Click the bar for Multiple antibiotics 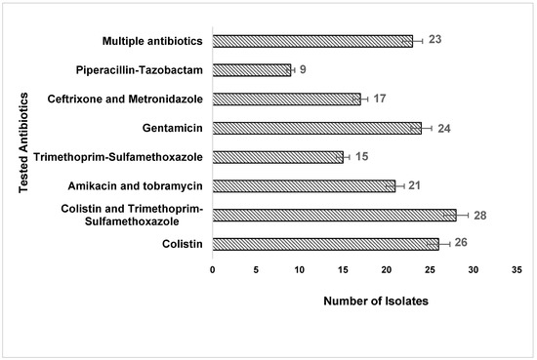point(312,41)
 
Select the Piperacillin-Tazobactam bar point(252,70)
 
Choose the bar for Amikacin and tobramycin point(304,185)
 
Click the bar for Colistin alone point(325,244)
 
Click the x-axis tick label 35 point(516,270)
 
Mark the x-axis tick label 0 point(213,270)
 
